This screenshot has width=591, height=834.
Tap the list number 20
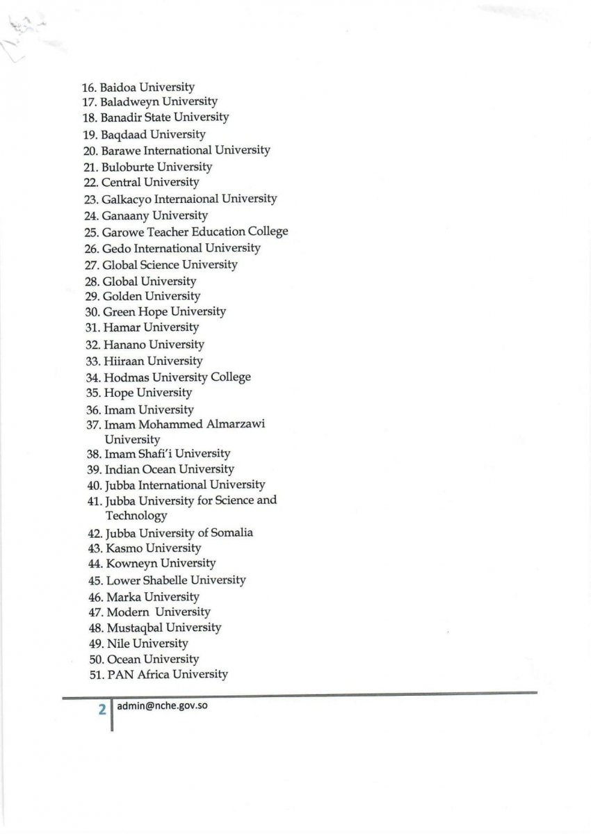(x=90, y=151)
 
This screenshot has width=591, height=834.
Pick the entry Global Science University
(x=170, y=265)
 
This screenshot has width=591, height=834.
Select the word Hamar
(x=121, y=327)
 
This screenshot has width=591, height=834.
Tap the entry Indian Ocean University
(x=169, y=470)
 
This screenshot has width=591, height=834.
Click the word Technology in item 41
(x=136, y=516)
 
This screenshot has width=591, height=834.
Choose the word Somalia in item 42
(x=230, y=533)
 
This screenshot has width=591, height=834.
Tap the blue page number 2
(x=102, y=710)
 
